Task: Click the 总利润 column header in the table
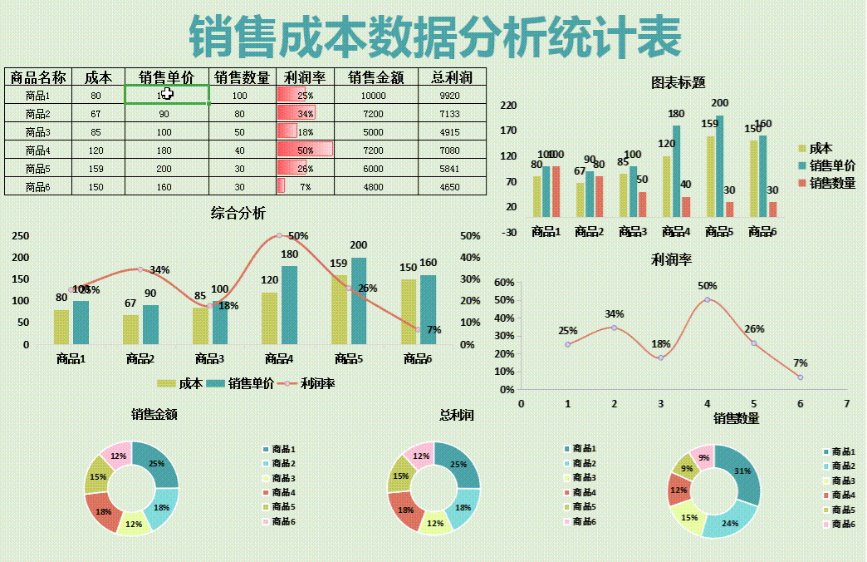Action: (x=451, y=77)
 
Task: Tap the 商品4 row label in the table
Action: (x=37, y=150)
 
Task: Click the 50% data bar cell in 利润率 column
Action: (x=305, y=150)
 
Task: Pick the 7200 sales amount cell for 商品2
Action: (x=373, y=114)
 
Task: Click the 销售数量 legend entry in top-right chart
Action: (x=831, y=183)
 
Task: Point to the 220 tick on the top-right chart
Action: (x=507, y=106)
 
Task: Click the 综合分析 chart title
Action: (x=238, y=214)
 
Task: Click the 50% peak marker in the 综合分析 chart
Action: (x=279, y=236)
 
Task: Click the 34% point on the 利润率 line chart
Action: (x=614, y=328)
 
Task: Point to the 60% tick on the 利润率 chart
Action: (x=504, y=283)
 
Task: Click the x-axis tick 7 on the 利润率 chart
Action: (x=846, y=403)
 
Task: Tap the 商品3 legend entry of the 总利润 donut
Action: (x=585, y=478)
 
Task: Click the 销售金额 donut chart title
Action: (x=154, y=414)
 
